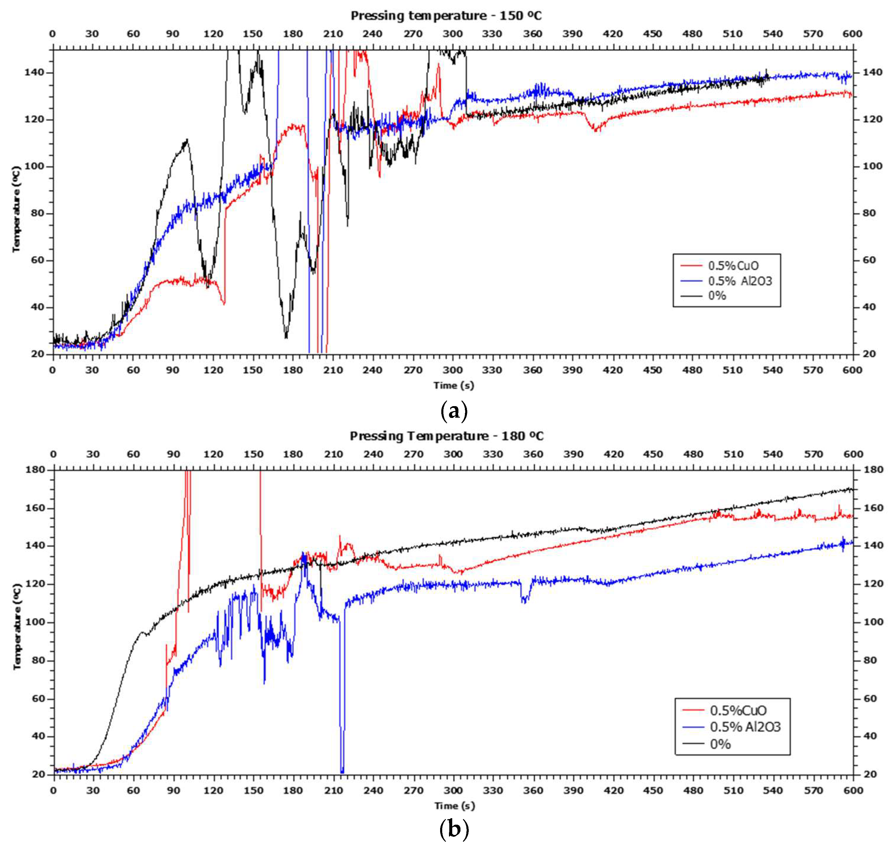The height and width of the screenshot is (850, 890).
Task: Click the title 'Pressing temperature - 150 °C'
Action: click(446, 16)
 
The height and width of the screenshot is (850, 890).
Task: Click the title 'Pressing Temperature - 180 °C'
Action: click(446, 436)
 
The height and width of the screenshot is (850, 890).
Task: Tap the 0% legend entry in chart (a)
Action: click(717, 296)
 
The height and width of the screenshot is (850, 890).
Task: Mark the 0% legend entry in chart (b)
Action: click(720, 744)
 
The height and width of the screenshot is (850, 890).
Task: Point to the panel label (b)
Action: click(454, 829)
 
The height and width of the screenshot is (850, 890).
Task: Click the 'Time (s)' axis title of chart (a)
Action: click(453, 386)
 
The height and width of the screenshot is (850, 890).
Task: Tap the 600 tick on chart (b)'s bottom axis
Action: click(852, 790)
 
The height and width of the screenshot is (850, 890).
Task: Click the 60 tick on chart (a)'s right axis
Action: click(869, 260)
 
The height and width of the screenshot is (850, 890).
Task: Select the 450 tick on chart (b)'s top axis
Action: click(653, 454)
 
